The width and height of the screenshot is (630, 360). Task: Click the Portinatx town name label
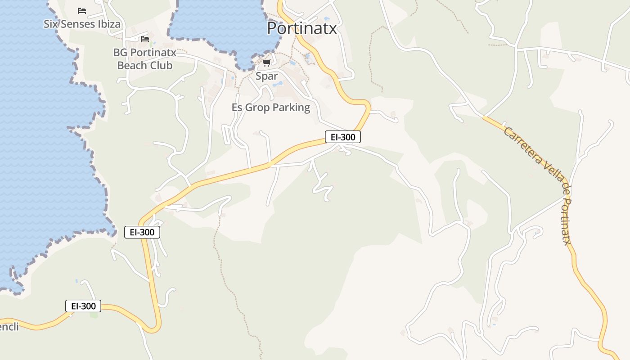[x=301, y=28]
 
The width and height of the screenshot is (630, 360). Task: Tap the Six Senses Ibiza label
[x=82, y=24]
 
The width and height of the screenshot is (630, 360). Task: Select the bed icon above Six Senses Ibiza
[x=82, y=10]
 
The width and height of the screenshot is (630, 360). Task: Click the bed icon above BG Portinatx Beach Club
[x=144, y=39]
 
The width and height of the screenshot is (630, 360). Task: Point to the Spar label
[x=266, y=76]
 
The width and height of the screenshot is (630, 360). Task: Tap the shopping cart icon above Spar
[x=267, y=63]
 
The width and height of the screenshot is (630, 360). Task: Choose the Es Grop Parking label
[x=270, y=108]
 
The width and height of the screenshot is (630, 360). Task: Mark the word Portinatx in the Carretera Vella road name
[x=567, y=216]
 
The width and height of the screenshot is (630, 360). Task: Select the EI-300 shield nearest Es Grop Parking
[x=342, y=137]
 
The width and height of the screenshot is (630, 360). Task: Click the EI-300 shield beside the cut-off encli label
[x=83, y=306]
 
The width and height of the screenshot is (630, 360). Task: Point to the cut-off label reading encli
[x=9, y=327]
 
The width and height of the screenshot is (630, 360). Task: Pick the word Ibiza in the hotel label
[x=109, y=24]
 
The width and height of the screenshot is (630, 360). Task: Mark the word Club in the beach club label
[x=161, y=65]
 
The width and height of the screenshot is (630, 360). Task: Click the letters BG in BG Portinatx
[x=120, y=52]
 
